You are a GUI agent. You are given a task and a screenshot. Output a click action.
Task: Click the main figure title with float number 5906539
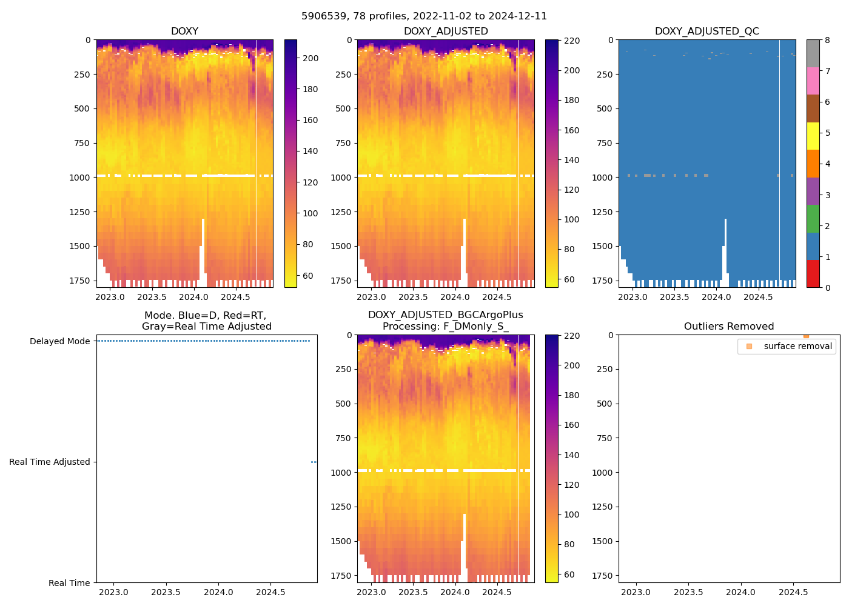(424, 16)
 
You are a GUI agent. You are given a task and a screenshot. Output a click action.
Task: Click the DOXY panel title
(184, 32)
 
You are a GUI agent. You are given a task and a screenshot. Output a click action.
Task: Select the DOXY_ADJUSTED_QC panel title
(706, 32)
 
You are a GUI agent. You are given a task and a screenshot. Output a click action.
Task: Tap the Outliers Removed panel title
(728, 327)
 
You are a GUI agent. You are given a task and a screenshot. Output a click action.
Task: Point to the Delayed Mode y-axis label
(59, 341)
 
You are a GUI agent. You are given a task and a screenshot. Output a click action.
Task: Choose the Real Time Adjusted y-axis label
(49, 462)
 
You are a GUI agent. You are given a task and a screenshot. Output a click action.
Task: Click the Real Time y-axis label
(69, 583)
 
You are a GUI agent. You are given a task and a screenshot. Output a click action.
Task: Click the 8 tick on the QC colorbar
(827, 40)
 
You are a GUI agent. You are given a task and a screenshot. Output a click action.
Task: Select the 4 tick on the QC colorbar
(827, 164)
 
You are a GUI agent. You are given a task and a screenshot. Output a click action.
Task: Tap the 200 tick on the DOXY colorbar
(310, 58)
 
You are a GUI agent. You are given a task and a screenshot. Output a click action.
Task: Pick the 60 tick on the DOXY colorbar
(308, 276)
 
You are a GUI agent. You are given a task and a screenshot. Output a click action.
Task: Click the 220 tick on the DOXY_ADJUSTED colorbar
(572, 41)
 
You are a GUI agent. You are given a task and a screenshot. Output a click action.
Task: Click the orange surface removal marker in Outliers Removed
(806, 335)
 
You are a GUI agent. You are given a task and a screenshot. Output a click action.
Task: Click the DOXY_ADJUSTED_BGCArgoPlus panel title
(445, 321)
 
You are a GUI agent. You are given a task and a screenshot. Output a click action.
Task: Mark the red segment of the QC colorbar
(813, 274)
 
